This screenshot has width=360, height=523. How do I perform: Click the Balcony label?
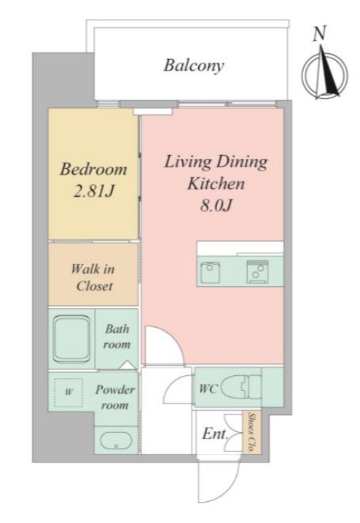(194, 66)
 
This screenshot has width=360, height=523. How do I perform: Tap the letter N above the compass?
(319, 34)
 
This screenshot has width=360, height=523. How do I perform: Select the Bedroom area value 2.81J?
(94, 191)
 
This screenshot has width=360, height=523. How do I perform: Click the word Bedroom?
(93, 169)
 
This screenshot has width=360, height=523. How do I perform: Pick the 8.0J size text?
(216, 205)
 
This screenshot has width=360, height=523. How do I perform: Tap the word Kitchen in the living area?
(216, 184)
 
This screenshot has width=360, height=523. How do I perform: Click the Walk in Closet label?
(93, 278)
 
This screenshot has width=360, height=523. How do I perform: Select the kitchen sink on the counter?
(210, 272)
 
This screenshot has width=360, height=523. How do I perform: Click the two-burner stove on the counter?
(257, 272)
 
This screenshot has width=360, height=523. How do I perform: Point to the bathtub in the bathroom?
(72, 339)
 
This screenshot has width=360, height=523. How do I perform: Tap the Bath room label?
(117, 337)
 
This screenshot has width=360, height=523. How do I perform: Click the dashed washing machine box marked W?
(69, 392)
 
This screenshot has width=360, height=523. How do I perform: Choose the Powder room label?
(115, 397)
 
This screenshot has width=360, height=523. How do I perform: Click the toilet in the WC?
(241, 388)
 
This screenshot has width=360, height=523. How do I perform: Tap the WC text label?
(208, 388)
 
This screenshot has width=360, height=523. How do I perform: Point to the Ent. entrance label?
(215, 434)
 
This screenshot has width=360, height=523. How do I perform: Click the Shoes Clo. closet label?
(252, 433)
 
